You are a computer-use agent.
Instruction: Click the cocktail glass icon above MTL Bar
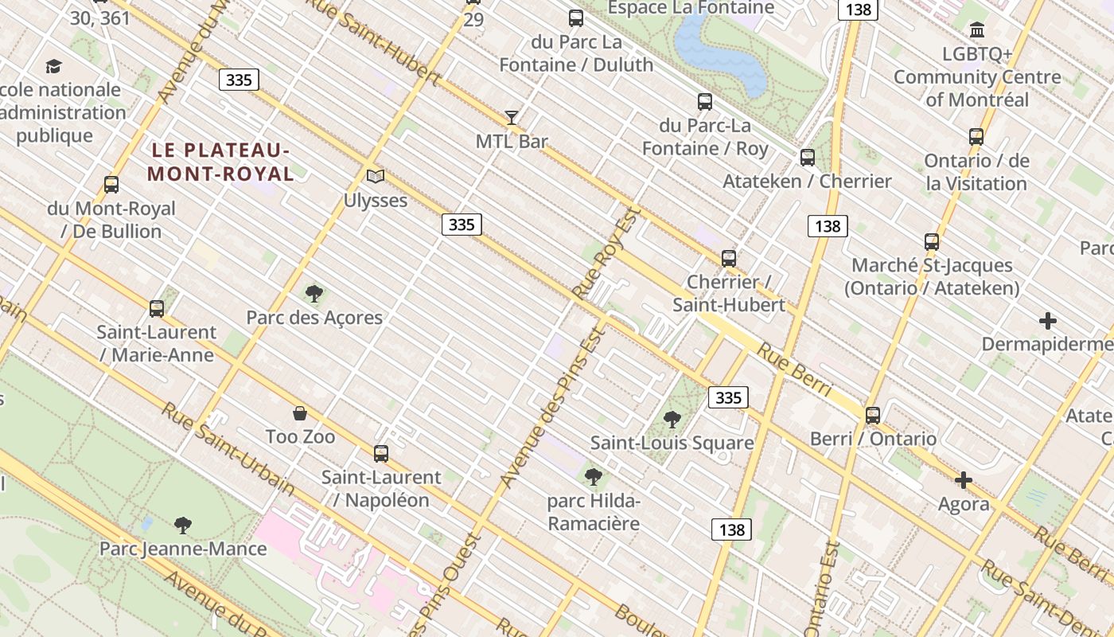coord(512,118)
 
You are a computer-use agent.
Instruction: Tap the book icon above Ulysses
coord(375,176)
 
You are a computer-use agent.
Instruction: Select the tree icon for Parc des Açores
coord(314,294)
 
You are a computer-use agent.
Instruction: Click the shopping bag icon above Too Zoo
coord(300,413)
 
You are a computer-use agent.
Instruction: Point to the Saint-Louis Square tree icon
coord(672,419)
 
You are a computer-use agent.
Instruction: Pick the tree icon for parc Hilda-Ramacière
coord(593,477)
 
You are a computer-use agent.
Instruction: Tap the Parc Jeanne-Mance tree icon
coord(183,525)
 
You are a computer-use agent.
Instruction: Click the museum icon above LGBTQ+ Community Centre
coord(977,30)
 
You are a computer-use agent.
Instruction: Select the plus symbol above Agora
coord(964,480)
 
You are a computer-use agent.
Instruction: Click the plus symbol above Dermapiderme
coord(1048,321)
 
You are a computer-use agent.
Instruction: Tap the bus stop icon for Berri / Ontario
coord(873,415)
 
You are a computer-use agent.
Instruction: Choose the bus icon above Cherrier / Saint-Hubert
coord(729,258)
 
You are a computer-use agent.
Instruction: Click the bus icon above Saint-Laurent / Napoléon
coord(381,454)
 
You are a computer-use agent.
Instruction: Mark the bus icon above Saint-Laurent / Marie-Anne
coord(157,308)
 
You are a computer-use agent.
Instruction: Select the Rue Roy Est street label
coord(606,254)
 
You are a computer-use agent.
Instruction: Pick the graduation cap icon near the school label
coord(53,66)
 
